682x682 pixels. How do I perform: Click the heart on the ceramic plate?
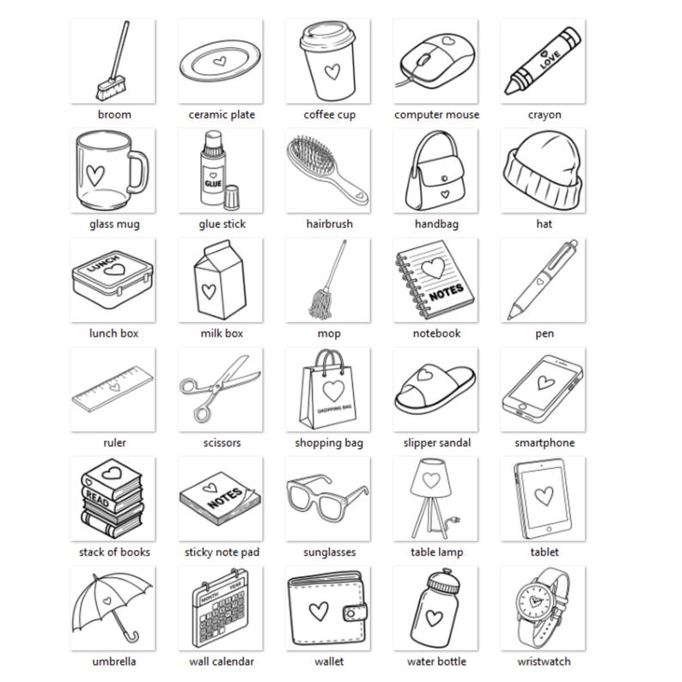(x=221, y=62)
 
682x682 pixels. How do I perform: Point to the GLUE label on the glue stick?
(x=212, y=183)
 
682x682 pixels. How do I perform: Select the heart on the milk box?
(x=208, y=289)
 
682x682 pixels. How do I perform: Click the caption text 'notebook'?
(x=436, y=333)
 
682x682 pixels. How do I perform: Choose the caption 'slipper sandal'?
(x=436, y=443)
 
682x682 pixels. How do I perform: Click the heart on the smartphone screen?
(x=544, y=381)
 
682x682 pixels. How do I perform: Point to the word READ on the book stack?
(x=96, y=499)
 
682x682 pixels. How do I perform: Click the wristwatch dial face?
(x=537, y=604)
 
